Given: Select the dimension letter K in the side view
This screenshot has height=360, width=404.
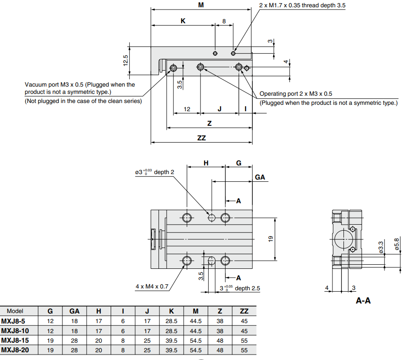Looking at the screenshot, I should (183, 21).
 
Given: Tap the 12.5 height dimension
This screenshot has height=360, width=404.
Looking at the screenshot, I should (126, 60).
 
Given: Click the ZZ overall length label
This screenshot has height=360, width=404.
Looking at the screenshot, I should (201, 138).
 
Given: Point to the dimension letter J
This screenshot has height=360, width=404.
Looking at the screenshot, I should (220, 109).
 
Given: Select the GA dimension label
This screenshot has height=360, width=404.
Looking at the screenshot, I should (260, 177).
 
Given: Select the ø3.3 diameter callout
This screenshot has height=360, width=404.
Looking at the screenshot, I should (381, 247).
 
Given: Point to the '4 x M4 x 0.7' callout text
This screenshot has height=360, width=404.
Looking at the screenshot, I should (152, 287).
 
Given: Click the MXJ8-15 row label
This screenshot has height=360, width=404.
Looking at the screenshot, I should (15, 340).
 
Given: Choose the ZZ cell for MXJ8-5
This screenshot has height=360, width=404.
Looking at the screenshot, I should (244, 321).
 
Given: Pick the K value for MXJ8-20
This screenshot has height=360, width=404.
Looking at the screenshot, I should (171, 350).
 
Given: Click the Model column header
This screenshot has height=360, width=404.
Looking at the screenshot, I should (15, 311).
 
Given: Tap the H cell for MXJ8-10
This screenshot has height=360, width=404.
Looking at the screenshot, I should (99, 331).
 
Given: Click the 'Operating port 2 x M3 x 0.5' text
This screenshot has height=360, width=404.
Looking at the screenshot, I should (296, 94).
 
